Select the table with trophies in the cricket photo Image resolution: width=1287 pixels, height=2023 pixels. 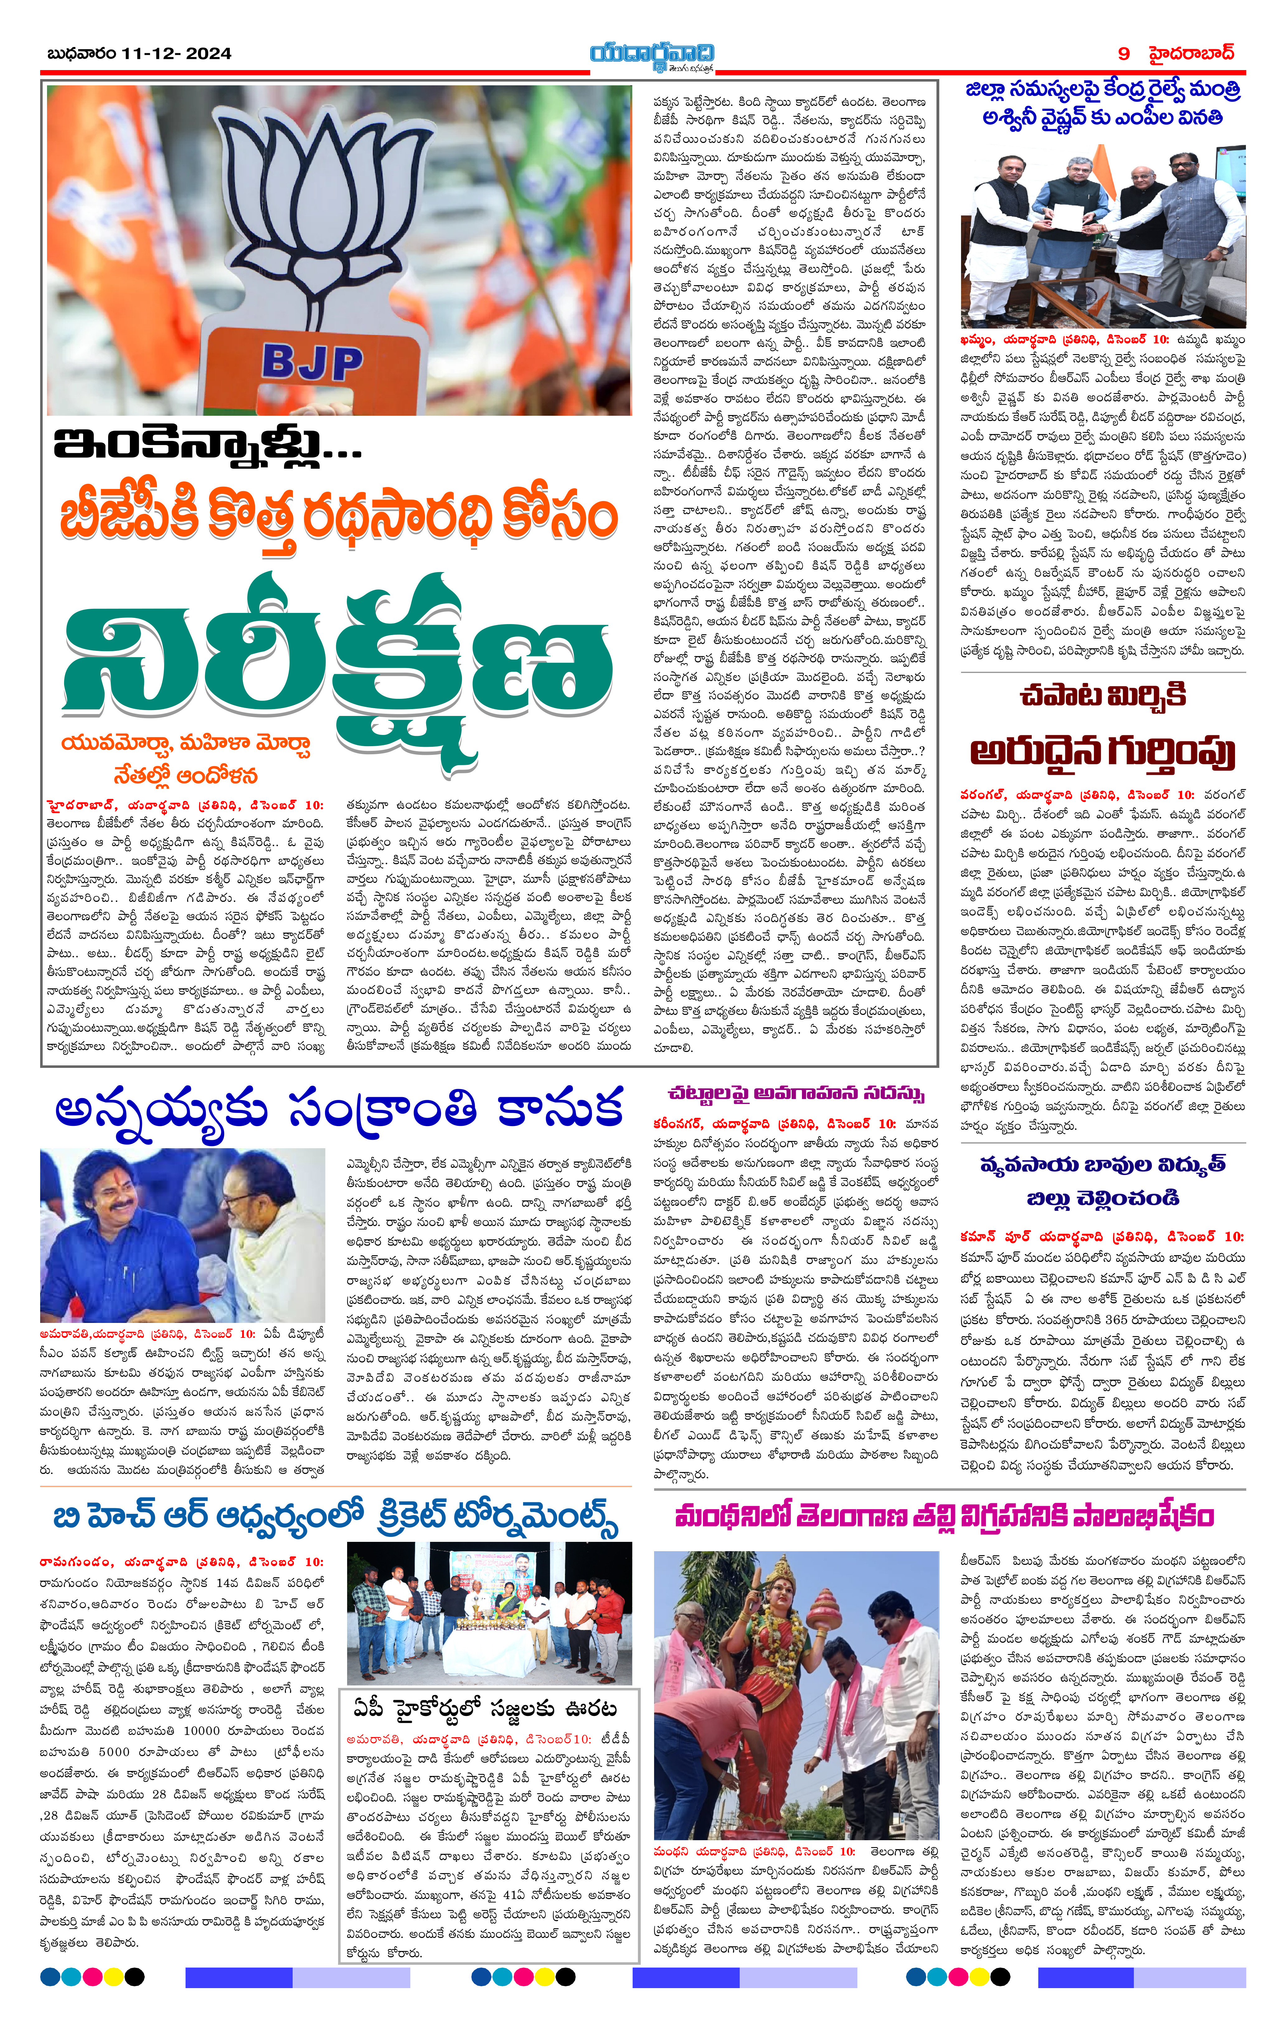coord(487,1638)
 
